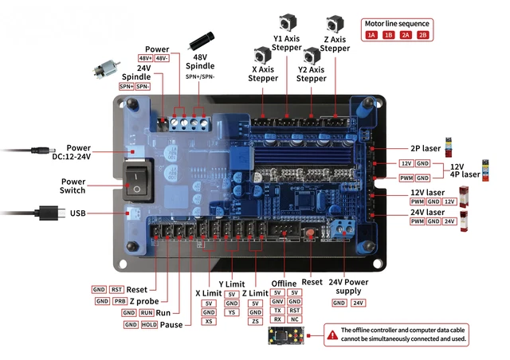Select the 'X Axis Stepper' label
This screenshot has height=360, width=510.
click(263, 74)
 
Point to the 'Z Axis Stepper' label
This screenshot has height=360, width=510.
click(335, 44)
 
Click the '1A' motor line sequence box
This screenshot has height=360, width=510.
click(371, 35)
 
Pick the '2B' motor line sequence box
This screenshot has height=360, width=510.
click(422, 35)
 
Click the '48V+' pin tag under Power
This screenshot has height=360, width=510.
click(146, 58)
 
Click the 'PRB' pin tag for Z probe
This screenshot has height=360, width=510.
click(120, 301)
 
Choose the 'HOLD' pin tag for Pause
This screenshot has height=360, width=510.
click(148, 325)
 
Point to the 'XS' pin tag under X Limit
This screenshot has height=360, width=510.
click(209, 321)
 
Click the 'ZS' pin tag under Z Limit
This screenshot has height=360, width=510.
click(255, 321)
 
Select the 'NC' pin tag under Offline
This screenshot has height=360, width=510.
click(294, 319)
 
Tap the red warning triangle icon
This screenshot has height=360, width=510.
click(331, 335)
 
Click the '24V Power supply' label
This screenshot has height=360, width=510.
click(347, 286)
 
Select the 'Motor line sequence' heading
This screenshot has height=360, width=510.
click(397, 23)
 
